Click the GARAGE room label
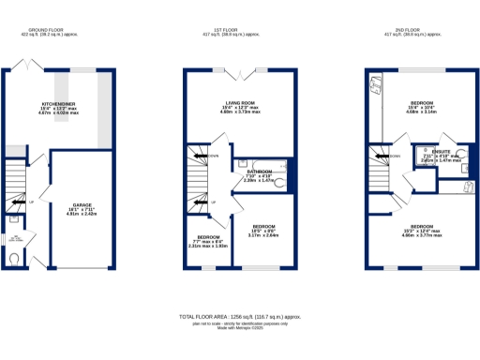point(82,203)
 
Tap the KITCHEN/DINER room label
point(58,104)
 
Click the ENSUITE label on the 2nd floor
point(435,153)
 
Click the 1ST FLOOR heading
point(238,30)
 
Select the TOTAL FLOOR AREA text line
point(238,319)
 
